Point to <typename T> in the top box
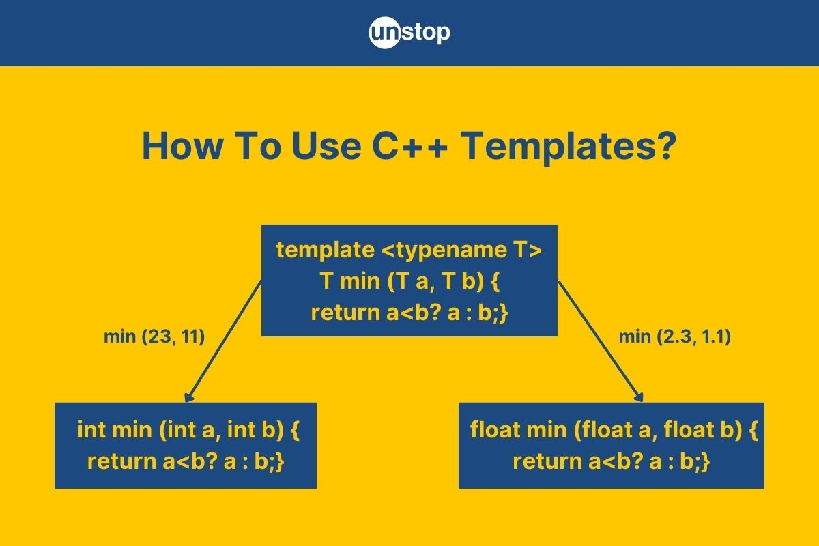coord(461,250)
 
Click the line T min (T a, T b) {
coord(409,281)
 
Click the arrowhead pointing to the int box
coord(188,397)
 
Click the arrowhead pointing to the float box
coord(640,397)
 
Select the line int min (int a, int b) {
coord(188,431)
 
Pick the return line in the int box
coord(186,461)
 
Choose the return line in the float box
coord(612,461)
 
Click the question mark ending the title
coord(665,147)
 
